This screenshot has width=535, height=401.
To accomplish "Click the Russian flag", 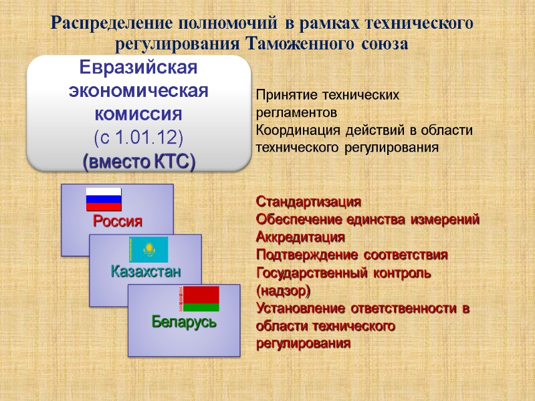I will click(104, 200).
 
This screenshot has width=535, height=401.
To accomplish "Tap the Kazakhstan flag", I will click(148, 249).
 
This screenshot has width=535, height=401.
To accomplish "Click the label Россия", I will click(118, 221).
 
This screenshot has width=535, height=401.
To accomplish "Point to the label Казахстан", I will click(146, 271).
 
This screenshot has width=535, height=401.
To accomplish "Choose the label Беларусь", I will click(184, 322).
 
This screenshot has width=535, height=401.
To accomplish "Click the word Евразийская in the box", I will click(139, 68).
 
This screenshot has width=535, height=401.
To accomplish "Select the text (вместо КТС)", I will click(138, 161).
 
